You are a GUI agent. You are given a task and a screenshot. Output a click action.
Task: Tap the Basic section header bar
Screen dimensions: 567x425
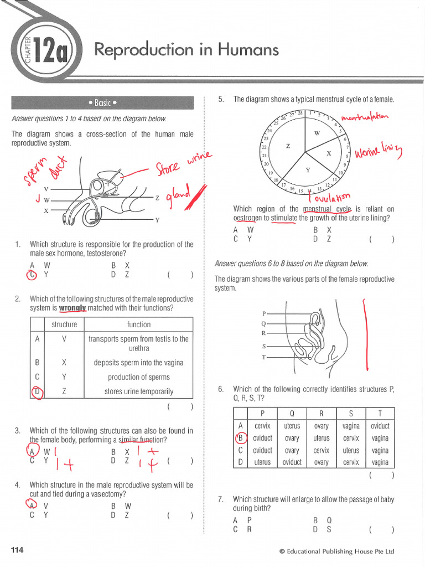pyautogui.click(x=102, y=102)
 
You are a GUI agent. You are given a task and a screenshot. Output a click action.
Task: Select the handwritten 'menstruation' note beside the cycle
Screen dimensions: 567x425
pyautogui.click(x=365, y=117)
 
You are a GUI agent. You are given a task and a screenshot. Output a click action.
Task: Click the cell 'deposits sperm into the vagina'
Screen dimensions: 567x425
pyautogui.click(x=138, y=363)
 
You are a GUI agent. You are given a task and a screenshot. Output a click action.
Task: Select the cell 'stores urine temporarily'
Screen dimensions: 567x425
pyautogui.click(x=138, y=391)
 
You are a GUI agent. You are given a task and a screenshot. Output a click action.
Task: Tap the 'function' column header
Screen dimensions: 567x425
pyautogui.click(x=138, y=324)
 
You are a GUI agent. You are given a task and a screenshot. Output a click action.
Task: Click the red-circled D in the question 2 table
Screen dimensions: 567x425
pyautogui.click(x=37, y=391)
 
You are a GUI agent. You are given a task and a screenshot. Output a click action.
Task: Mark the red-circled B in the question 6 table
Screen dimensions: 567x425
pyautogui.click(x=240, y=439)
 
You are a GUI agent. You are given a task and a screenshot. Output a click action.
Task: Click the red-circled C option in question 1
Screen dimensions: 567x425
pyautogui.click(x=32, y=274)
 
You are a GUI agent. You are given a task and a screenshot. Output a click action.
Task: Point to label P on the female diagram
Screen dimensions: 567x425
pyautogui.click(x=264, y=313)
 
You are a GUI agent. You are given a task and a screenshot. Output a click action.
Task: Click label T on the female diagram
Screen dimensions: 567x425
pyautogui.click(x=264, y=357)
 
